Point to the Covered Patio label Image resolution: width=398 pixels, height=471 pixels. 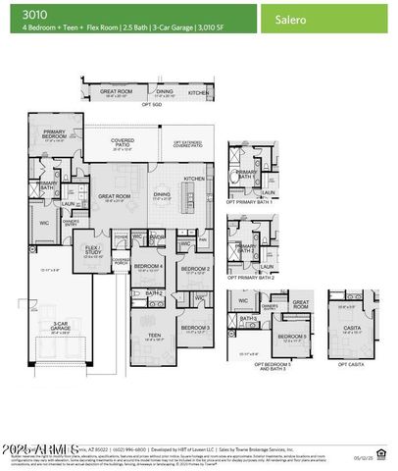pos(123,143)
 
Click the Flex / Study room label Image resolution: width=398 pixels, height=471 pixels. pos(94,249)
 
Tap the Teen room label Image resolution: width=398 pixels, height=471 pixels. pos(153,336)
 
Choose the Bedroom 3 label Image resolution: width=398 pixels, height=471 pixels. pos(194,328)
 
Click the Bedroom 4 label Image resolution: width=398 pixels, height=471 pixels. pos(148,267)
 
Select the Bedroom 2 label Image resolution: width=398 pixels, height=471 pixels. pos(196,267)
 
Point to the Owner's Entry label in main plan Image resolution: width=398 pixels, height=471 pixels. pos(72,221)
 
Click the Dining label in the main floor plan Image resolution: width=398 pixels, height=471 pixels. pos(162,194)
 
